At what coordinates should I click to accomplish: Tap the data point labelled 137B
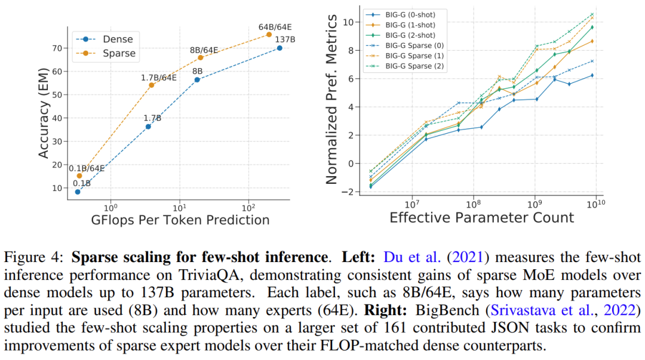[279, 48]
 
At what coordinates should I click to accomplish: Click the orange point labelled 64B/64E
[269, 35]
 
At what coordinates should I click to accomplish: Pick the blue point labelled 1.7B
[148, 127]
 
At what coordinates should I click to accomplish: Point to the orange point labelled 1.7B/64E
[151, 85]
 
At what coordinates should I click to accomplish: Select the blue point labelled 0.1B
[78, 192]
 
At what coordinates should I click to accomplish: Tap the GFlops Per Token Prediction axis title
[180, 220]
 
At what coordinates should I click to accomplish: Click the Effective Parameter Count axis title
[482, 217]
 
